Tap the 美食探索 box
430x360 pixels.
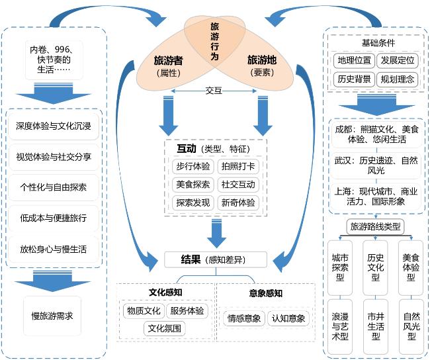(193, 185)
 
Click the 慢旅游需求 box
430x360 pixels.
(52, 315)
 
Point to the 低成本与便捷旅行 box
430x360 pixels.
(53, 218)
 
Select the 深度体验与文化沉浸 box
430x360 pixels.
(53, 126)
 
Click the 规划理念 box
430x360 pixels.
(397, 79)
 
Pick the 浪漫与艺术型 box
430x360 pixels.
(340, 326)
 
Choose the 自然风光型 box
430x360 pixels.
(411, 326)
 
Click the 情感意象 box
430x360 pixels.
(243, 318)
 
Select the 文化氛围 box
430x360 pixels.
(165, 328)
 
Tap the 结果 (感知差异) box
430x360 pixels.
(216, 259)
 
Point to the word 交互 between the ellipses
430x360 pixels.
(214, 91)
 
